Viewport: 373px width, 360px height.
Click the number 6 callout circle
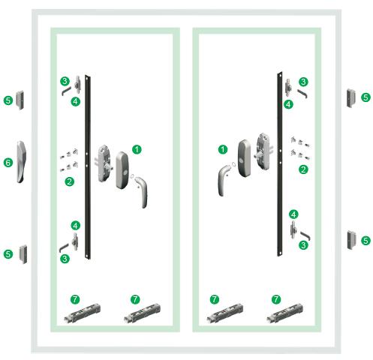(x=8, y=163)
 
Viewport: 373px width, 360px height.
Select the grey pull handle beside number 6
(x=21, y=162)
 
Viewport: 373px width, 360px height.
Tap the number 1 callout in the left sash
(x=137, y=149)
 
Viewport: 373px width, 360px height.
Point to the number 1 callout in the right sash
(x=223, y=149)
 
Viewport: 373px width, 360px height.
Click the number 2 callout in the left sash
(x=70, y=181)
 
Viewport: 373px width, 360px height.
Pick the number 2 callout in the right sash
(x=303, y=169)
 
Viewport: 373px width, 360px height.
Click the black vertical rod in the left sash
(x=88, y=167)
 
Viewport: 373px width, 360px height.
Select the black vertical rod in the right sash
(x=280, y=164)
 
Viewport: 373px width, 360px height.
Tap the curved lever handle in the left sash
(x=142, y=192)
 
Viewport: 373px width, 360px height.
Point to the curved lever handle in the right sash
(x=223, y=181)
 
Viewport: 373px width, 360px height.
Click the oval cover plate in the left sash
(x=122, y=170)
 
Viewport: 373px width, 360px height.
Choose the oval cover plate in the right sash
(x=244, y=158)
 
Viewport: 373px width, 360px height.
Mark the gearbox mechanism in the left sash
(x=104, y=163)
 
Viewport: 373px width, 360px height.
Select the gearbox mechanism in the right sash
(x=263, y=151)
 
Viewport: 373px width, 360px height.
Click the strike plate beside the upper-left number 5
(x=20, y=100)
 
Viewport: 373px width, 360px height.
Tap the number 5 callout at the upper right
(x=365, y=97)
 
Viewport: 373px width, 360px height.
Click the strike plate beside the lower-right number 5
(x=351, y=240)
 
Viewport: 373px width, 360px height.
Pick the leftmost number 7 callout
(x=75, y=299)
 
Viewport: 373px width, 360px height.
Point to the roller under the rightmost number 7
(x=284, y=313)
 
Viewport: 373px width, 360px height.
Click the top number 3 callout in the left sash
(x=65, y=81)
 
